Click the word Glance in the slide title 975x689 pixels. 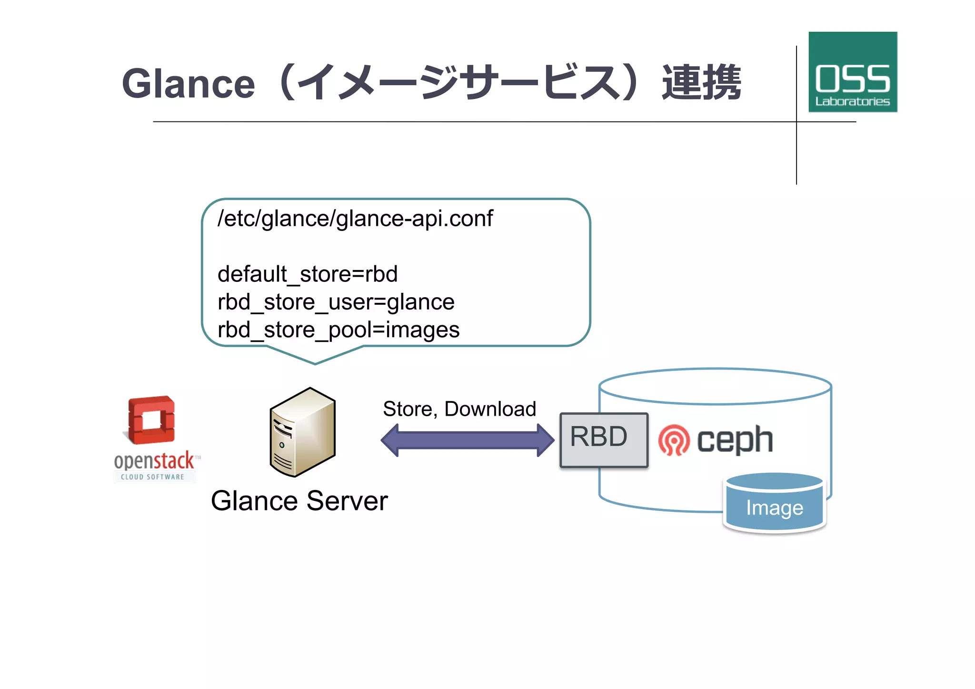tap(189, 84)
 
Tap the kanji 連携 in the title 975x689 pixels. tap(701, 83)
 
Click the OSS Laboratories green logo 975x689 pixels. tap(852, 72)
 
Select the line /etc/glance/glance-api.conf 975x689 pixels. tap(355, 219)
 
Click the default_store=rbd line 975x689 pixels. tap(308, 274)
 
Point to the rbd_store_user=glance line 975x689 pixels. tap(336, 302)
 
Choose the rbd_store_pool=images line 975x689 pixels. tap(338, 330)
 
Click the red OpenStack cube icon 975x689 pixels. tap(152, 420)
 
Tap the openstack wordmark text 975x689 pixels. tap(154, 460)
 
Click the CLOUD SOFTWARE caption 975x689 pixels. tap(152, 477)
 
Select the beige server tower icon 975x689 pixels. tap(303, 432)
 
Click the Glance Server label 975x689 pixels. tap(299, 501)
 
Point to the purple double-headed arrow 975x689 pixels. tap(468, 440)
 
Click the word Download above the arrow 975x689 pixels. tap(490, 409)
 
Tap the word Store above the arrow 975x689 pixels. tap(408, 409)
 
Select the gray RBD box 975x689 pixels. tap(604, 440)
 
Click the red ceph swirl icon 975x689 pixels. tap(674, 440)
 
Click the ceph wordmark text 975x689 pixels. tap(735, 440)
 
